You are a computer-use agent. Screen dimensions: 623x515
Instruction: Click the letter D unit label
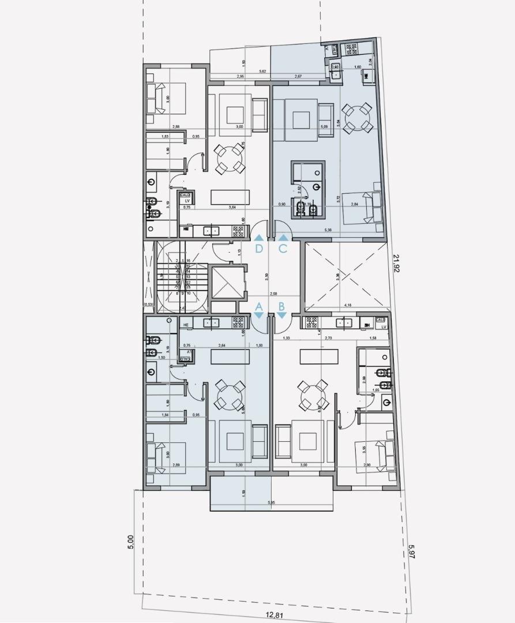[260, 249]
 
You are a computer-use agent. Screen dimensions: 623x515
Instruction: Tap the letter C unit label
[283, 249]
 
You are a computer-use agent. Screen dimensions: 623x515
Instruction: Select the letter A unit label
[259, 307]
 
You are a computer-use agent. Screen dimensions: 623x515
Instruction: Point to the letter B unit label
[281, 307]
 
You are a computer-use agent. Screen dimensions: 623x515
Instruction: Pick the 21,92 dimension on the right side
[397, 264]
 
